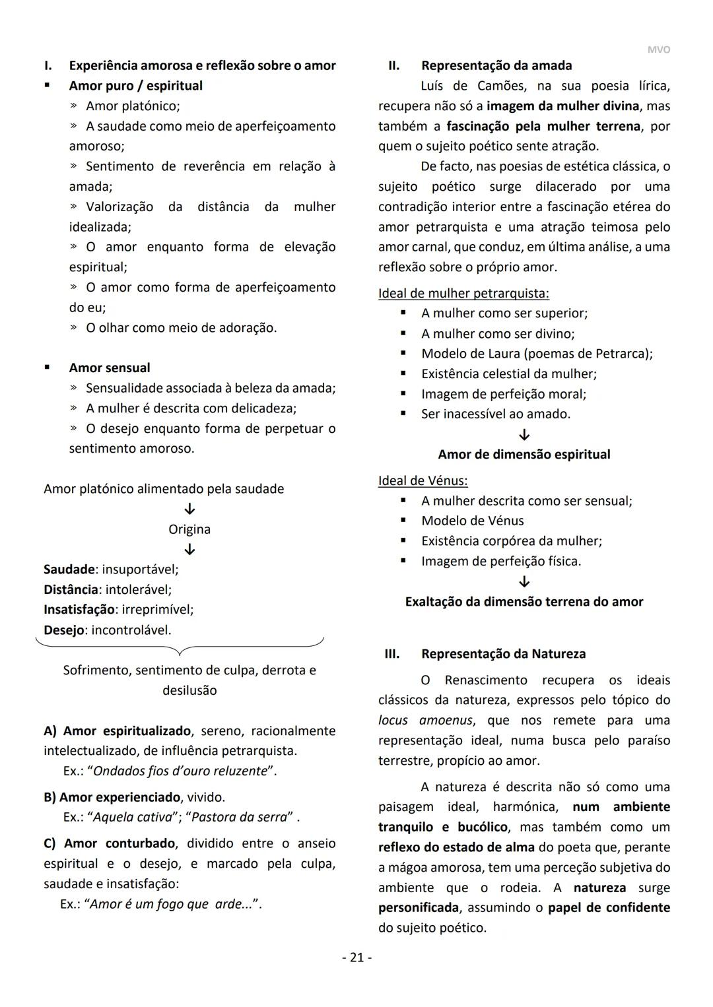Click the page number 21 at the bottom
pyautogui.click(x=356, y=957)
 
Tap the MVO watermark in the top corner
pyautogui.click(x=658, y=49)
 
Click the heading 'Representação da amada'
pyautogui.click(x=496, y=65)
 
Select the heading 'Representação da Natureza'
pyautogui.click(x=503, y=654)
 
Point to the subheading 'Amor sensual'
pyautogui.click(x=110, y=368)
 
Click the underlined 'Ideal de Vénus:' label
pyautogui.click(x=423, y=480)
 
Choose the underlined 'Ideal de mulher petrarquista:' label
pyautogui.click(x=463, y=293)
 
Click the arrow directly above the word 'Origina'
pyautogui.click(x=189, y=509)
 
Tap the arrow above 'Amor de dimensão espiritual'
pyautogui.click(x=524, y=435)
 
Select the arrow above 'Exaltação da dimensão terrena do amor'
pyautogui.click(x=524, y=582)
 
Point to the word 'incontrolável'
pyautogui.click(x=131, y=630)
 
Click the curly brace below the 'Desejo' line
pyautogui.click(x=180, y=646)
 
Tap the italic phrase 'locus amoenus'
pyautogui.click(x=425, y=720)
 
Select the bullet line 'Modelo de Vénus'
pyautogui.click(x=473, y=521)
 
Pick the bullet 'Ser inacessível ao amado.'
pyautogui.click(x=496, y=414)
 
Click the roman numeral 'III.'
pyautogui.click(x=392, y=654)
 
